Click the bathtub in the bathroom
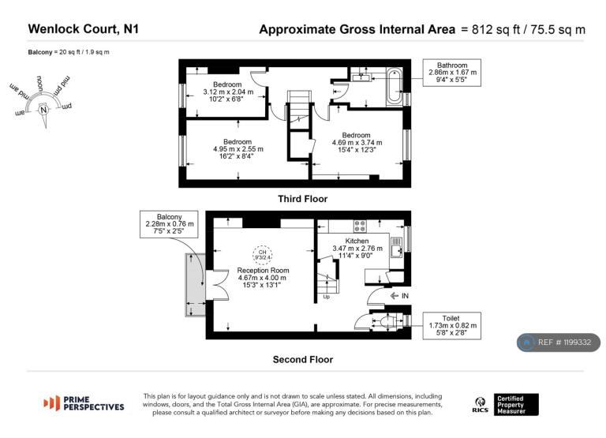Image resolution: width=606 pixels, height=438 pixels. click(x=395, y=86)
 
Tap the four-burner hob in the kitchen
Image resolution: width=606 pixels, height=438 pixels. click(x=360, y=226)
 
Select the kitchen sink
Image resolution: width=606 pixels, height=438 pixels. click(x=396, y=247)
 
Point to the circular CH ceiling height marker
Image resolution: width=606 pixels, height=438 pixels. click(x=263, y=254)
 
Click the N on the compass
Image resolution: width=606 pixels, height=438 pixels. click(x=43, y=110)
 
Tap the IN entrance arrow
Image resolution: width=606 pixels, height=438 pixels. click(x=395, y=296)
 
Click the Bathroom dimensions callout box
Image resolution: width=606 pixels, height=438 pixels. click(x=452, y=73)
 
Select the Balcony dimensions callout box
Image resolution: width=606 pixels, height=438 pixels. click(x=170, y=224)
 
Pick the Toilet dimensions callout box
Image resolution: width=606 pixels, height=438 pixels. click(x=452, y=325)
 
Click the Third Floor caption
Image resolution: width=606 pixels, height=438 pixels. click(x=303, y=199)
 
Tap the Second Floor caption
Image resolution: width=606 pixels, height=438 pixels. click(x=303, y=360)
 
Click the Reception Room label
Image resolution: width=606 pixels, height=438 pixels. click(x=263, y=270)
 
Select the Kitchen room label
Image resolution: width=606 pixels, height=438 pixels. click(x=357, y=241)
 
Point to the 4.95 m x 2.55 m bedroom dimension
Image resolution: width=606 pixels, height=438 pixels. click(x=238, y=149)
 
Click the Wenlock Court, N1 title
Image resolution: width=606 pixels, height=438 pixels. click(x=83, y=29)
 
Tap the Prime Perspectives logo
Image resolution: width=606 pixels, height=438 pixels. click(x=84, y=403)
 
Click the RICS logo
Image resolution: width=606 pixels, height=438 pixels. click(x=480, y=405)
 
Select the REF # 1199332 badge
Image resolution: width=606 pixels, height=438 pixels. click(x=559, y=343)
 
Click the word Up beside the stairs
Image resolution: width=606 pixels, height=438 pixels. click(x=326, y=297)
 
